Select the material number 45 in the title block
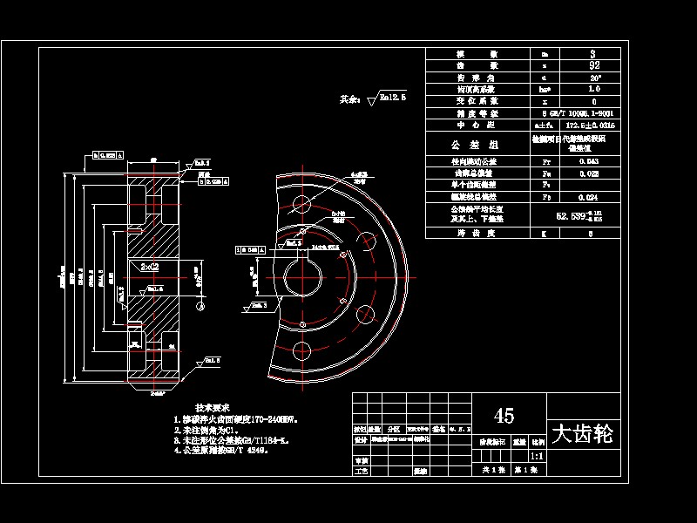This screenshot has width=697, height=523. pyautogui.click(x=503, y=415)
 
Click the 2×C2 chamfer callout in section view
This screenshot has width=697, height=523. pyautogui.click(x=149, y=267)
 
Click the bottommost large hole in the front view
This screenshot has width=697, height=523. pyautogui.click(x=302, y=351)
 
